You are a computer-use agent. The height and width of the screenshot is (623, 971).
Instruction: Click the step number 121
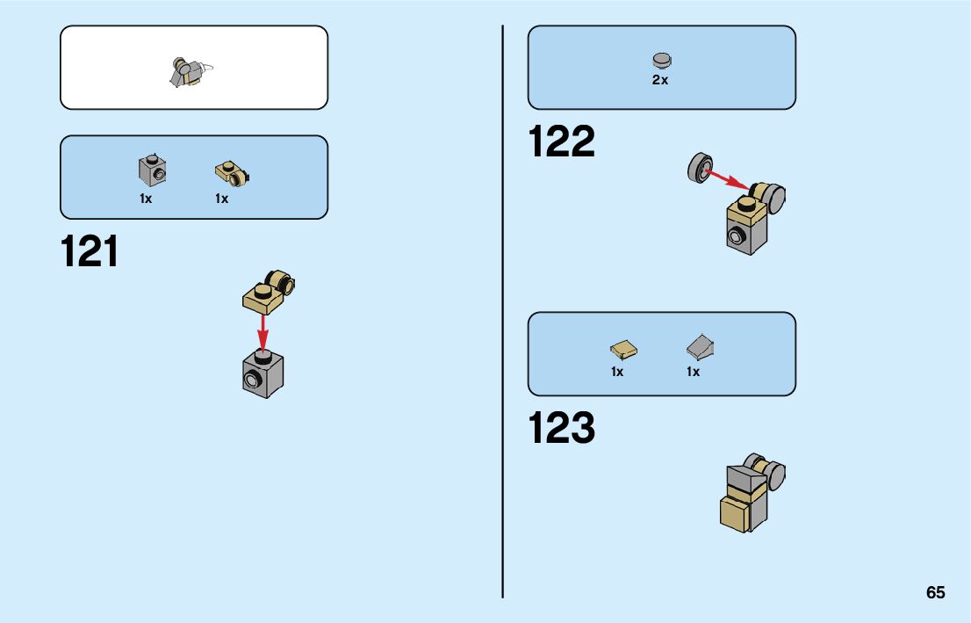(x=90, y=252)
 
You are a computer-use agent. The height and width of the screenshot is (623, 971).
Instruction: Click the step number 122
(x=562, y=142)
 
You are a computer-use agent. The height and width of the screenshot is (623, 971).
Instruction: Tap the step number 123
(x=562, y=429)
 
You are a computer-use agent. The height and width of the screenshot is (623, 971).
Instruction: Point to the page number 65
(x=935, y=592)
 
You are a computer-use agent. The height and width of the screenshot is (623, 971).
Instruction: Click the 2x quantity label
(x=660, y=80)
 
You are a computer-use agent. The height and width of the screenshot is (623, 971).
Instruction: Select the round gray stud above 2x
(x=661, y=61)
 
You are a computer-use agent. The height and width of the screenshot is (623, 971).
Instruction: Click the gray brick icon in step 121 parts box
(x=151, y=170)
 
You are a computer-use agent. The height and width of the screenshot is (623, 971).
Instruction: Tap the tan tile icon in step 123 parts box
(x=623, y=350)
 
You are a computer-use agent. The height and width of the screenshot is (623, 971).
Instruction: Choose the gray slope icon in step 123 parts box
(x=700, y=348)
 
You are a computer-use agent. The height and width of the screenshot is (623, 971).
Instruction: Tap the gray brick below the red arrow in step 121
(x=263, y=373)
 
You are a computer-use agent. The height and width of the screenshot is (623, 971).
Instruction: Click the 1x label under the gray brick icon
(x=146, y=199)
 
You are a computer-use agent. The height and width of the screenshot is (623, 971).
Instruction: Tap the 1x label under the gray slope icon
(x=693, y=372)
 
